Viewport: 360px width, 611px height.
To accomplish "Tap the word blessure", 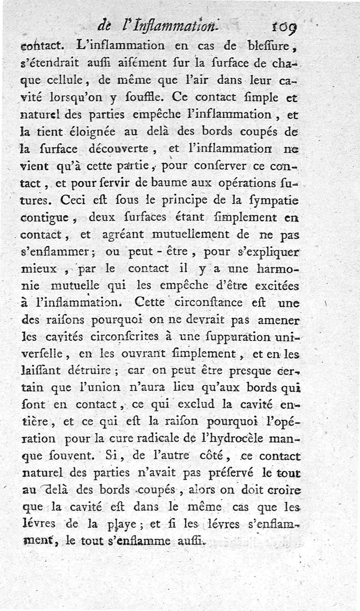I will (x=267, y=46).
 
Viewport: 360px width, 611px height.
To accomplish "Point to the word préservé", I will (x=231, y=473).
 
